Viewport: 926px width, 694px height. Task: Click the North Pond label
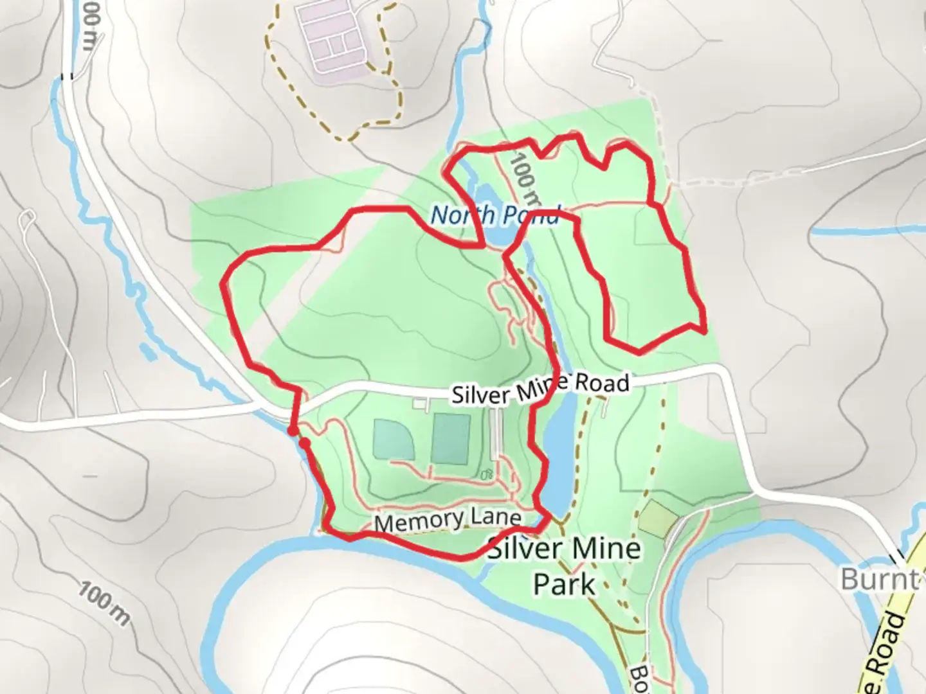(x=495, y=215)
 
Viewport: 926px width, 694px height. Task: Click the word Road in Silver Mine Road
(x=601, y=383)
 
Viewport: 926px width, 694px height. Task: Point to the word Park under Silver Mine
(x=565, y=585)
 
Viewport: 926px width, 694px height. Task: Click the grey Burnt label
(x=880, y=579)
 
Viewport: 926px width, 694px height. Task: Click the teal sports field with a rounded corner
(x=394, y=439)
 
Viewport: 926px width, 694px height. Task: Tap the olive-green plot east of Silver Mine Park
(x=658, y=519)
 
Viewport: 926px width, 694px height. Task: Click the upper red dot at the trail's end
(x=292, y=431)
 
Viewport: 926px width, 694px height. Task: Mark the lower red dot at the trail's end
(x=305, y=443)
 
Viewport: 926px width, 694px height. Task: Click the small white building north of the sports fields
(x=421, y=404)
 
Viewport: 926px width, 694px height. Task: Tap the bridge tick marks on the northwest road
(x=67, y=76)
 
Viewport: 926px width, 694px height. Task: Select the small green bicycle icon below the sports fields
(x=487, y=475)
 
